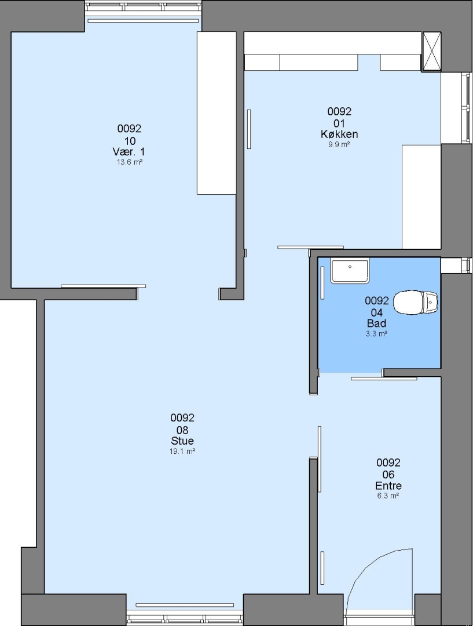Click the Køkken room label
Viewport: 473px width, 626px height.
pyautogui.click(x=339, y=134)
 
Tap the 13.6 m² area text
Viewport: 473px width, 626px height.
pyautogui.click(x=130, y=162)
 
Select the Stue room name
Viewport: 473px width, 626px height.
pyautogui.click(x=182, y=441)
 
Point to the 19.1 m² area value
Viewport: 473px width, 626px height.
pyautogui.click(x=182, y=452)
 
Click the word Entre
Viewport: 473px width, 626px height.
pyautogui.click(x=388, y=486)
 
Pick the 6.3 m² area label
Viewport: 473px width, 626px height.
pyautogui.click(x=388, y=496)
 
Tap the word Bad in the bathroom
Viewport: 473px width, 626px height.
pyautogui.click(x=376, y=323)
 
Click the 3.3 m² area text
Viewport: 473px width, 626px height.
pyautogui.click(x=376, y=334)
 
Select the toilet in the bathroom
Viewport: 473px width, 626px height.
pyautogui.click(x=415, y=302)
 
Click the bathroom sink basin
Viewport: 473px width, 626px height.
pyautogui.click(x=350, y=271)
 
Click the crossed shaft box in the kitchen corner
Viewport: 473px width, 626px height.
pyautogui.click(x=431, y=52)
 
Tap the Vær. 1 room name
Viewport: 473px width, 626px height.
pyautogui.click(x=129, y=152)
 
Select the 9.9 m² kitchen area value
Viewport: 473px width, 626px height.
pyautogui.click(x=339, y=144)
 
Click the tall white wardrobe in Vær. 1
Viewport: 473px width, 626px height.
pyautogui.click(x=217, y=113)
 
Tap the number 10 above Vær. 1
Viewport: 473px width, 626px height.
pyautogui.click(x=130, y=140)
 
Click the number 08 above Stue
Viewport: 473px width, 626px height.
pyautogui.click(x=182, y=430)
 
